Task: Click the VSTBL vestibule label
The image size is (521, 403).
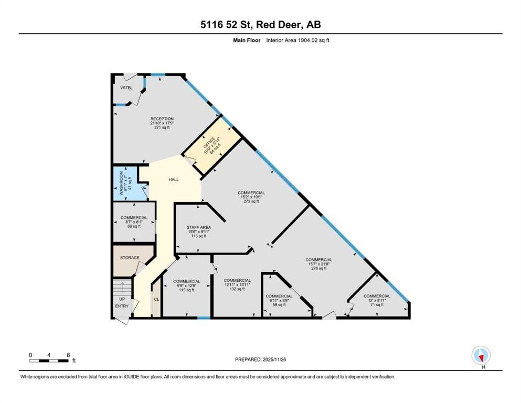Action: (125, 88)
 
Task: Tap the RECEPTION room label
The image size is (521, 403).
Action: (162, 119)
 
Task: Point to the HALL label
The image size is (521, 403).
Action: (174, 179)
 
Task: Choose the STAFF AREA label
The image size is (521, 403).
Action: (199, 227)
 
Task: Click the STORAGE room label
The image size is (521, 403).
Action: (130, 258)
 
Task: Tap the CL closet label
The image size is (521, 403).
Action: (156, 299)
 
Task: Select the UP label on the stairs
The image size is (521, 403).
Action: (122, 299)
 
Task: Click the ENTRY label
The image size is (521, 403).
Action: (122, 306)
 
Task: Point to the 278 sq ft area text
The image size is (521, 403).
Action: (319, 268)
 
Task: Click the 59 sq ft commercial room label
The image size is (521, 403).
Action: (279, 305)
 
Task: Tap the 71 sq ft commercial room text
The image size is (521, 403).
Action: (377, 304)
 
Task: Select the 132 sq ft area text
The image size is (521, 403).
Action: (237, 289)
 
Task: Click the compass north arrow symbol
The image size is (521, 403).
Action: (481, 356)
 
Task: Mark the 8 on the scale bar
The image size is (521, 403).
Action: (68, 355)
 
